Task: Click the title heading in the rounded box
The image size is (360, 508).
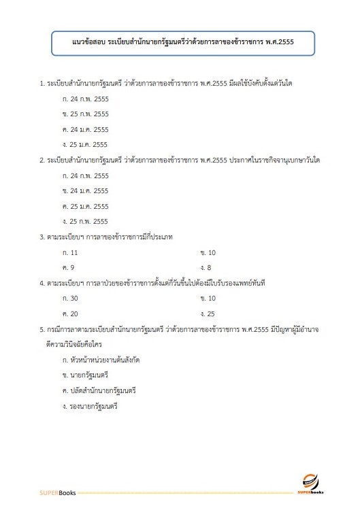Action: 183,42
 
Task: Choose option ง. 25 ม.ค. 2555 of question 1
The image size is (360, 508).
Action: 85,144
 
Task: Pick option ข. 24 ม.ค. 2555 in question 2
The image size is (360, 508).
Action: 85,191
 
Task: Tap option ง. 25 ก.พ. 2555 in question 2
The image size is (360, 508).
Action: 85,221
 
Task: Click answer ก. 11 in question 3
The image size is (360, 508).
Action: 70,252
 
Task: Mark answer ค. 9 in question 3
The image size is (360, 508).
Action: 68,267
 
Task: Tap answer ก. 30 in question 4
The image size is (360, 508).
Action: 70,299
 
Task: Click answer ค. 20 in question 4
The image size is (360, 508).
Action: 70,314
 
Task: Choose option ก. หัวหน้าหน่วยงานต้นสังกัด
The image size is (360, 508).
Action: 101,360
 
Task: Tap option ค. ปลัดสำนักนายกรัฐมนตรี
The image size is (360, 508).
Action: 99,390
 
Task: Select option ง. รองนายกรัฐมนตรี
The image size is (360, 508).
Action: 90,406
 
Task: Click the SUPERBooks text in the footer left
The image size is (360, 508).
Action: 57,491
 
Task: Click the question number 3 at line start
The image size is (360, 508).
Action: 42,237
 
